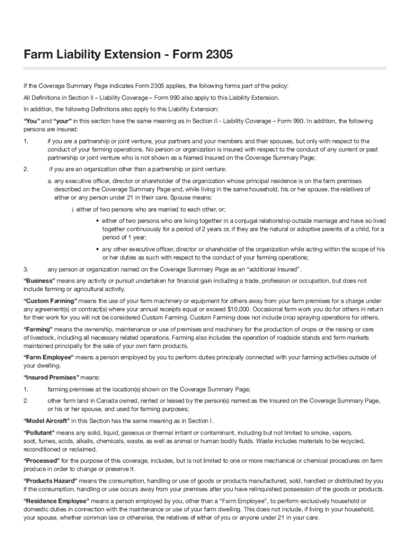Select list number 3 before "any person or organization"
[x=26, y=269]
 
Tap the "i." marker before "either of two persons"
[x=72, y=209]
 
